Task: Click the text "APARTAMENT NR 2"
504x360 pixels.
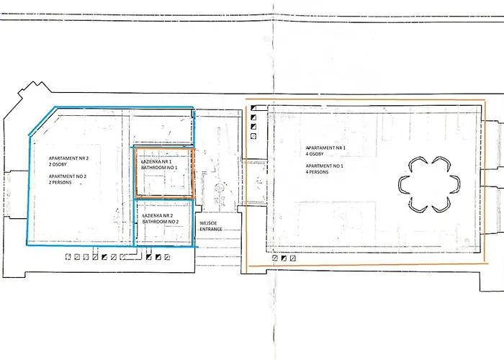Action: click(68, 158)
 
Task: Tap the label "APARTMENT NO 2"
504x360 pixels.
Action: click(68, 176)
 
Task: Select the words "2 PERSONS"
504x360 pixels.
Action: click(60, 183)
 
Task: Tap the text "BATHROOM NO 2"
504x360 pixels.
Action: click(161, 222)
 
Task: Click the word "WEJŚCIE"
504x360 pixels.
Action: click(208, 223)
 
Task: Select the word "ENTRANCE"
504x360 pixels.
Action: click(211, 229)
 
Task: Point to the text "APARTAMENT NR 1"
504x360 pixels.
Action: click(325, 148)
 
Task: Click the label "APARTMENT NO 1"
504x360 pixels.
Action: click(324, 166)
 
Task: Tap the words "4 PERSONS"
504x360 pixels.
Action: click(317, 172)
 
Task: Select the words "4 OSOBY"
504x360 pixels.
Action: click(315, 154)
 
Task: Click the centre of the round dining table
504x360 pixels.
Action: click(429, 184)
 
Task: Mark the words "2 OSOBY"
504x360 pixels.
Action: click(58, 165)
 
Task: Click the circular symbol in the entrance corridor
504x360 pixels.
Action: click(219, 187)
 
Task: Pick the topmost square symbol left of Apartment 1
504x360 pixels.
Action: click(253, 108)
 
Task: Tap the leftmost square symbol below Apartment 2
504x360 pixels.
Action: click(68, 257)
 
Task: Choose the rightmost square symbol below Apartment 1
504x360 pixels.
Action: click(292, 258)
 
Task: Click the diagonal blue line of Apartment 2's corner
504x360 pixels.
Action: click(42, 121)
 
